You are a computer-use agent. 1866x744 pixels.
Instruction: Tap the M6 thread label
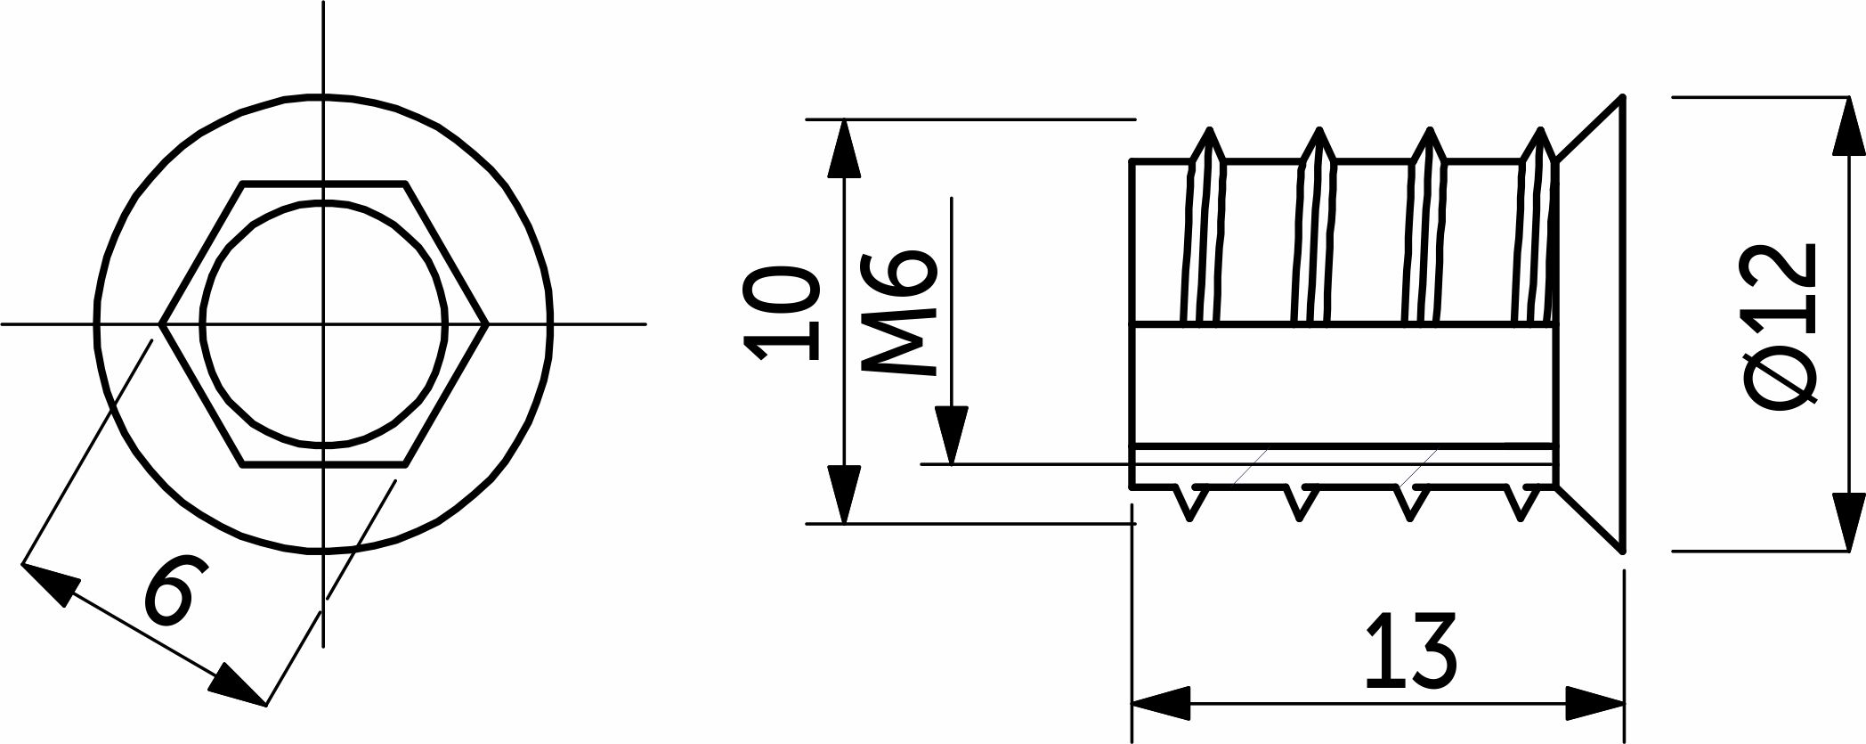[899, 312]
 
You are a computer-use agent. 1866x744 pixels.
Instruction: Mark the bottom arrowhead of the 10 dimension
[844, 494]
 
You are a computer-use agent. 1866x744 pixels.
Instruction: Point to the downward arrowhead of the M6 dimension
[952, 435]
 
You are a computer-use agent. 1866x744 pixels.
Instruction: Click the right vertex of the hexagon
[487, 323]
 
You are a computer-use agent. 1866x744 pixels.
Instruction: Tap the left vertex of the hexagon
[160, 323]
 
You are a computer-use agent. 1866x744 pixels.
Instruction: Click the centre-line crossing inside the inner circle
[323, 323]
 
